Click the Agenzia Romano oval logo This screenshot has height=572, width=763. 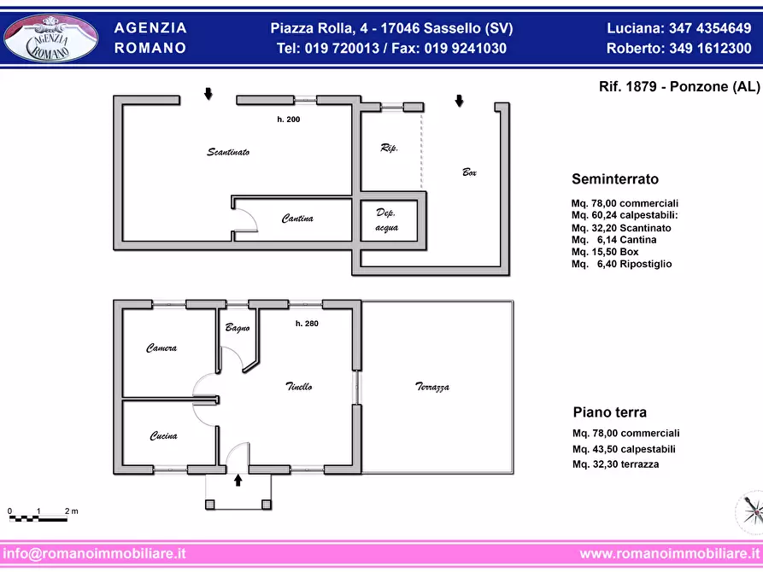[x=51, y=38]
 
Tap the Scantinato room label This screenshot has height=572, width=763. [x=228, y=152]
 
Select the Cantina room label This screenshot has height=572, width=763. [x=297, y=219]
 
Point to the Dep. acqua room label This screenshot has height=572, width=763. [x=387, y=220]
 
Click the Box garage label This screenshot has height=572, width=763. [x=469, y=172]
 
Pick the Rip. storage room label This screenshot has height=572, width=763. [x=390, y=148]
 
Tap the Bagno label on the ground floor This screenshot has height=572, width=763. [x=238, y=329]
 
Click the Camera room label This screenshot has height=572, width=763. [x=161, y=347]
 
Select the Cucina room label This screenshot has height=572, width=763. [x=163, y=435]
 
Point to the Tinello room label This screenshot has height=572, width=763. [x=299, y=387]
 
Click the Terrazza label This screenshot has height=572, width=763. [x=432, y=387]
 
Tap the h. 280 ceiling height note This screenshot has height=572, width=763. [x=307, y=324]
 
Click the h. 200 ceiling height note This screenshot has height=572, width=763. [x=289, y=120]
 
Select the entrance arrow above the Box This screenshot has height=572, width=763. [x=459, y=101]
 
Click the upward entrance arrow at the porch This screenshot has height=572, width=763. [x=238, y=481]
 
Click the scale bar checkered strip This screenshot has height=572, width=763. [x=38, y=519]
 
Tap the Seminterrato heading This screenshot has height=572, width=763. [x=615, y=179]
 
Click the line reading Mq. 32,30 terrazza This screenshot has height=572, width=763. [x=615, y=464]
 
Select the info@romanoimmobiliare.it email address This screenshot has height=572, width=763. [x=94, y=553]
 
